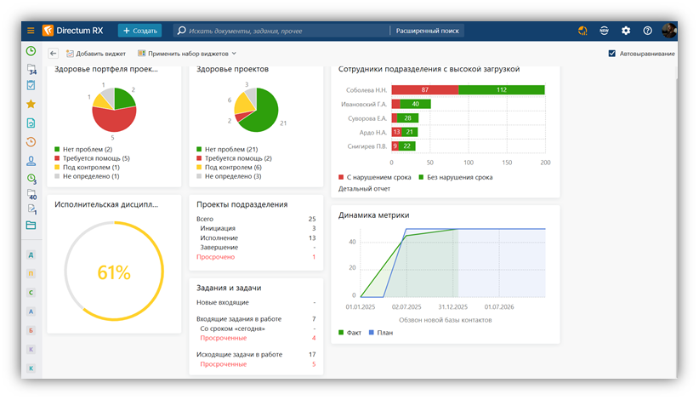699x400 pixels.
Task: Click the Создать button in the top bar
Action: point(140,31)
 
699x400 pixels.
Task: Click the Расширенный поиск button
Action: point(427,31)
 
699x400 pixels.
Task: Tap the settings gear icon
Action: point(626,31)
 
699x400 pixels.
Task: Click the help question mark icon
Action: point(647,31)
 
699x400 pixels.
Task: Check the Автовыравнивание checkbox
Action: point(612,54)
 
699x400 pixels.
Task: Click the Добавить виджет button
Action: point(96,54)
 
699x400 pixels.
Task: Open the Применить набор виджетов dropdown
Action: point(187,54)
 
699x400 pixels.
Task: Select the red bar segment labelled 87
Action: point(425,89)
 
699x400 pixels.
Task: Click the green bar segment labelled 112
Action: point(502,89)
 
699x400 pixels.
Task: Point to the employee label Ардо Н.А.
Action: point(372,133)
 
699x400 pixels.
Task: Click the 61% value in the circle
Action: point(114,272)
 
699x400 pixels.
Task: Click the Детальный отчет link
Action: point(364,189)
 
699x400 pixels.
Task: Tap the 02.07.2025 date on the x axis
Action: point(406,306)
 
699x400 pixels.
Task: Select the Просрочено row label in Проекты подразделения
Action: point(216,257)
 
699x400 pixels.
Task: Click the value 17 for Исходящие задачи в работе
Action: point(312,355)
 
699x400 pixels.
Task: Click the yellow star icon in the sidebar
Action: point(31,104)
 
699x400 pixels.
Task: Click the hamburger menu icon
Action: point(31,31)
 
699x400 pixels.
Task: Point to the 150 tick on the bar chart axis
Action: point(507,163)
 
